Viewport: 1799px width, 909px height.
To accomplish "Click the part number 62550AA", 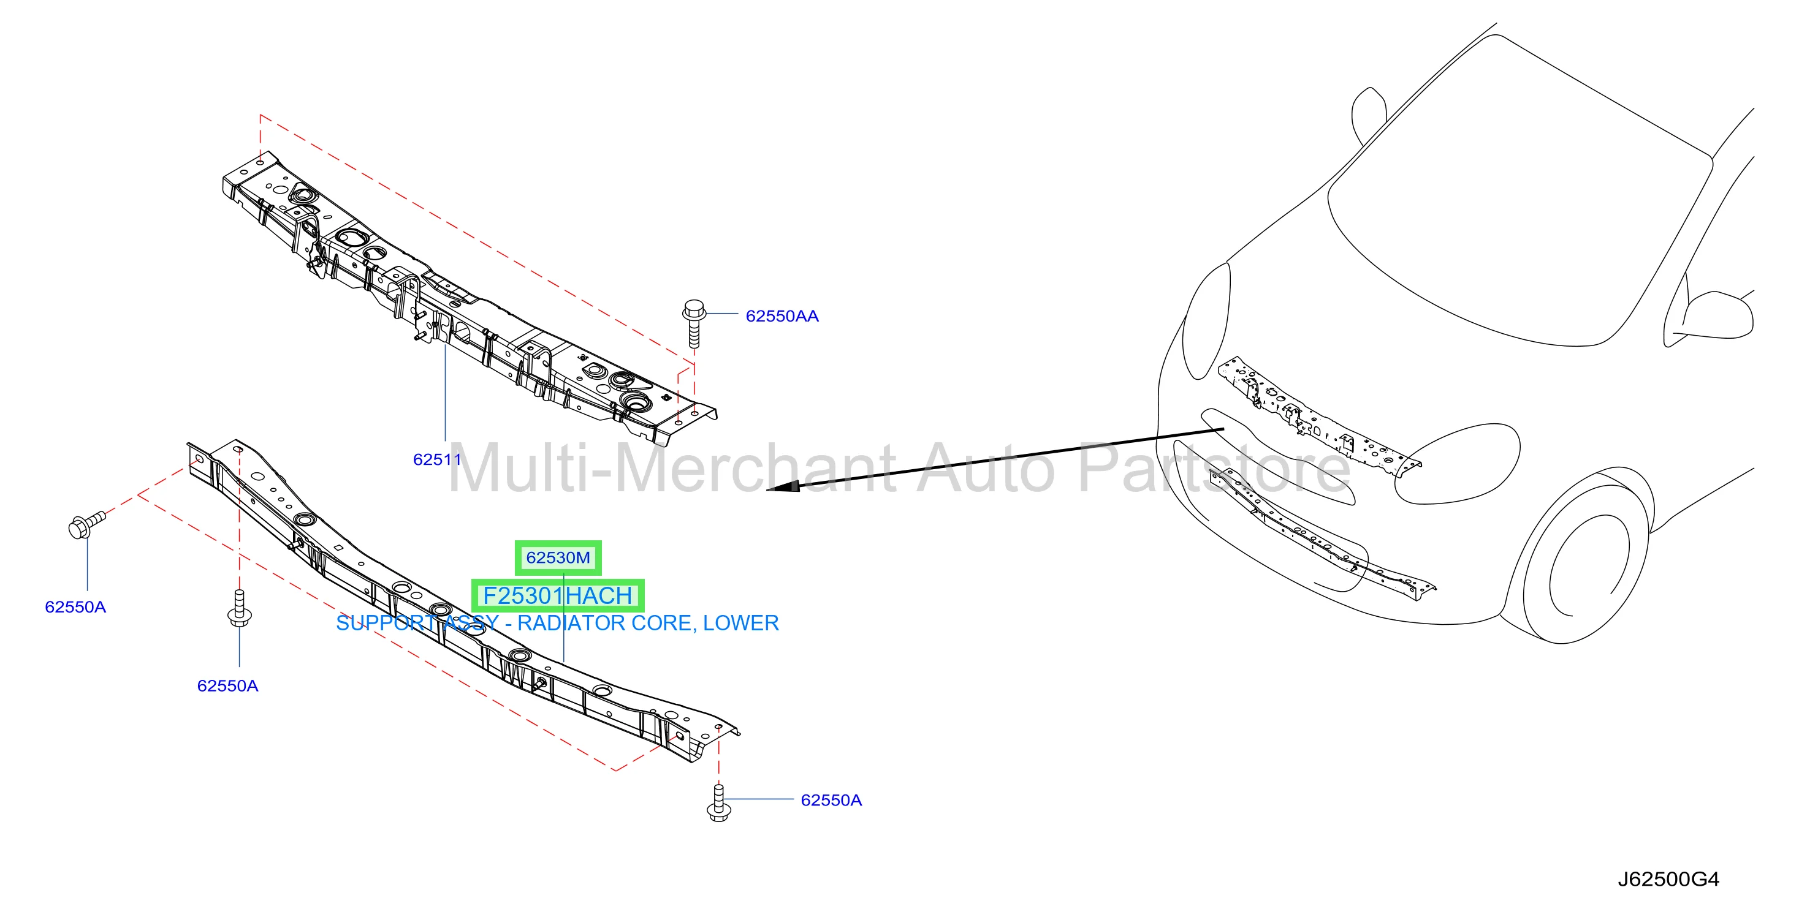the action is [x=782, y=316].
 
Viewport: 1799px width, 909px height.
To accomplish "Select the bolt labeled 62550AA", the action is [x=693, y=323].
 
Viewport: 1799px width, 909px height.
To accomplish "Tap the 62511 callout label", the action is [x=436, y=459].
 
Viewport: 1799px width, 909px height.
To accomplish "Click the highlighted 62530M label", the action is [x=558, y=558].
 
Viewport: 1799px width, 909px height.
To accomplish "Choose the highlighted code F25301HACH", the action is [x=557, y=595].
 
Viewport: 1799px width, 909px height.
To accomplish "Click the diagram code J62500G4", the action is [x=1668, y=879].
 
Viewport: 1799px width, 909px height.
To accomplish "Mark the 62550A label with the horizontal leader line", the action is [x=831, y=800].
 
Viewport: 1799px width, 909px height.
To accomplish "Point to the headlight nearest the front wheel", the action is [x=1458, y=464].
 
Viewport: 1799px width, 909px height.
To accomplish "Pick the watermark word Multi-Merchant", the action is [x=672, y=468].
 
